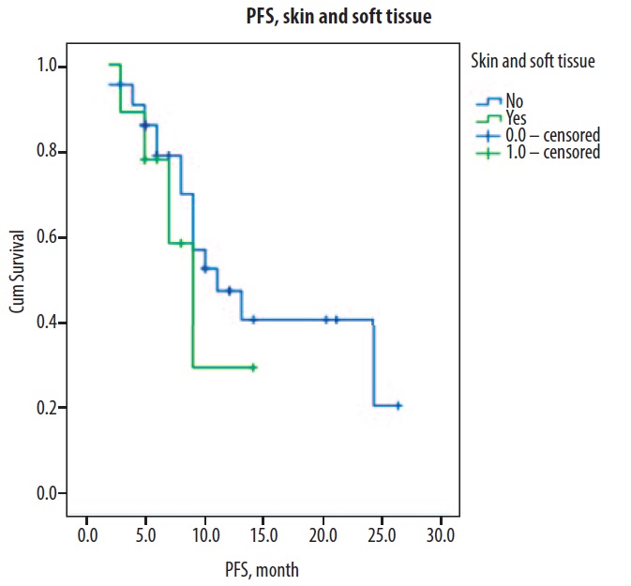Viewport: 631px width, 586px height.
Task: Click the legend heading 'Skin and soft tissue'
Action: (x=533, y=62)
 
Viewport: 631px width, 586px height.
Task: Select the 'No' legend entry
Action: (x=515, y=102)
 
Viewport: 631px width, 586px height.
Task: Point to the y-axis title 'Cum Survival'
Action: (x=18, y=280)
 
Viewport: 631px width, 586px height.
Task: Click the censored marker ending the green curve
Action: (x=253, y=368)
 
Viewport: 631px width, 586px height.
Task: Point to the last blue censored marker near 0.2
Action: (x=398, y=406)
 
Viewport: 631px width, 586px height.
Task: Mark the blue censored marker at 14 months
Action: (x=252, y=320)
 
